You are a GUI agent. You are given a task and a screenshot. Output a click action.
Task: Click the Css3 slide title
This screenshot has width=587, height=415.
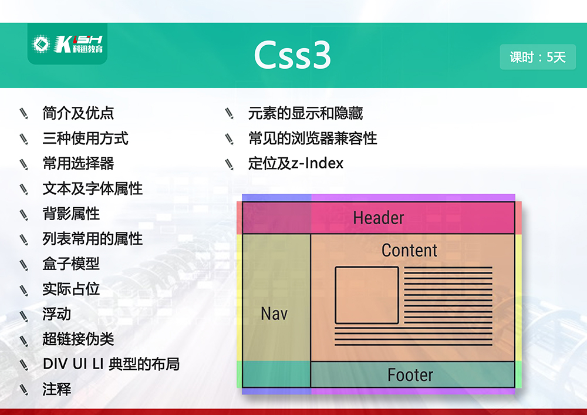(x=292, y=55)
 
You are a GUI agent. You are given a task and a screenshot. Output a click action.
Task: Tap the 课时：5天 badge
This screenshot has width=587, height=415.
(x=538, y=57)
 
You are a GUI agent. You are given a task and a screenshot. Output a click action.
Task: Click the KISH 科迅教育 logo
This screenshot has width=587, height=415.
(x=68, y=44)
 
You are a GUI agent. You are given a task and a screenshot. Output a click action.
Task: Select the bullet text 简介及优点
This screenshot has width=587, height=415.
(x=78, y=113)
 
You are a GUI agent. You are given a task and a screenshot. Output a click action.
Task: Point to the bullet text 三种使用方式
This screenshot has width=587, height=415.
(x=85, y=138)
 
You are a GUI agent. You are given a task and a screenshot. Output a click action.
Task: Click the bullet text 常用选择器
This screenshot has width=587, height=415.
(x=78, y=163)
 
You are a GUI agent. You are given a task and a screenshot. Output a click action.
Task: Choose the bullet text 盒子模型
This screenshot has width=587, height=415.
(x=71, y=264)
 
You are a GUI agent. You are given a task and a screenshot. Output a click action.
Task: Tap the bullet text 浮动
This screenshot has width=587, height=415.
(x=56, y=314)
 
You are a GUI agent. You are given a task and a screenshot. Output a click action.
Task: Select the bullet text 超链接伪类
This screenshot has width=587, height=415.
(x=78, y=339)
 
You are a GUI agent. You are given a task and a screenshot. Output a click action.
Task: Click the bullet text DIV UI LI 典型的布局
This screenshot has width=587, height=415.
(x=111, y=364)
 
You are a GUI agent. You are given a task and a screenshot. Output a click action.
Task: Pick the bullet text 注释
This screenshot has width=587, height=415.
(x=56, y=389)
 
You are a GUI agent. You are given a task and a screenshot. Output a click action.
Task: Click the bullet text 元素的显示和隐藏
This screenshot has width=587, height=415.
(x=305, y=113)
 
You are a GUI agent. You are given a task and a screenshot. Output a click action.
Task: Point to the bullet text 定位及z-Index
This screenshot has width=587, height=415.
(x=296, y=163)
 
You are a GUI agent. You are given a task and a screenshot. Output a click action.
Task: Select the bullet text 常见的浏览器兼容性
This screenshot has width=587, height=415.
(x=313, y=138)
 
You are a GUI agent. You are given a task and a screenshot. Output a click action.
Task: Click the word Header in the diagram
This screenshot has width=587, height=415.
(x=379, y=218)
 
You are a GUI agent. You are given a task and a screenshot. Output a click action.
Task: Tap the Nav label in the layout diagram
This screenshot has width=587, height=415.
(x=274, y=313)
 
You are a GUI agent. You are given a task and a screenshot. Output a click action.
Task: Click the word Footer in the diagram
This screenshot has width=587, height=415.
(x=410, y=375)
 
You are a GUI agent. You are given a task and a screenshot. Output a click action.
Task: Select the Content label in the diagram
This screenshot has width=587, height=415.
(x=409, y=250)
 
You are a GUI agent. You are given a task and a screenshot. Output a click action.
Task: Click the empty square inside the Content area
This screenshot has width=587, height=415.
(x=335, y=295)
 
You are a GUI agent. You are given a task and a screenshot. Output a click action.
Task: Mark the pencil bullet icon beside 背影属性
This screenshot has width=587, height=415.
(x=24, y=214)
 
